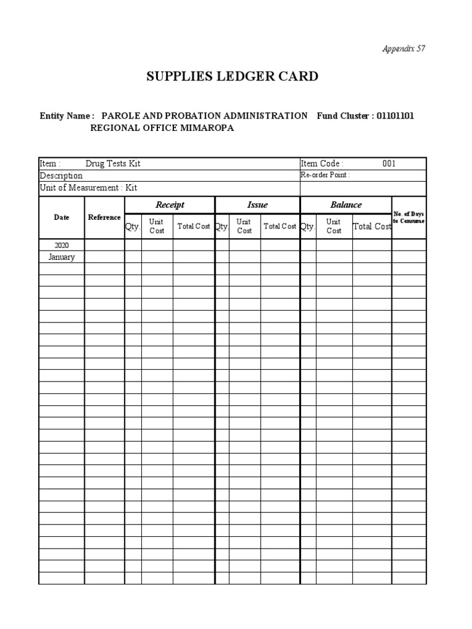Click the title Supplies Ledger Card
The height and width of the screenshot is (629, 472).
coord(232,77)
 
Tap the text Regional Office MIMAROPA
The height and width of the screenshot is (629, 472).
coord(162,128)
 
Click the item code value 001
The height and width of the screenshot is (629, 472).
coord(389,163)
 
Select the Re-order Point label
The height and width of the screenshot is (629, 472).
coord(325,175)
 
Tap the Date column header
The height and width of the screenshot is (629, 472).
coord(61,217)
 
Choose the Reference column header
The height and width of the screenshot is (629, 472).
coord(104,217)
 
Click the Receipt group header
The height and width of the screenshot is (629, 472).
coord(170,205)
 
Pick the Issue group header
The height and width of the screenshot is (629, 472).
coord(257,205)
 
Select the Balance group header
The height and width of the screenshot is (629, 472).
coord(346,205)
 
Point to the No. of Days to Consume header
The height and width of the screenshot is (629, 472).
coord(409,217)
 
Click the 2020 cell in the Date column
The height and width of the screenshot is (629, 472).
coord(61,245)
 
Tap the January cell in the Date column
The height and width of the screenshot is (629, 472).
coord(61,257)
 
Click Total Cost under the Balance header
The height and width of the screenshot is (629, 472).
coord(372,226)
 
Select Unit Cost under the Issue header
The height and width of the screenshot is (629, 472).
coord(245,226)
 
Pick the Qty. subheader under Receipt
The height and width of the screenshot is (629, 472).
coord(133,226)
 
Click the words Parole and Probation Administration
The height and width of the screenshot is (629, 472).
coord(205,115)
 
